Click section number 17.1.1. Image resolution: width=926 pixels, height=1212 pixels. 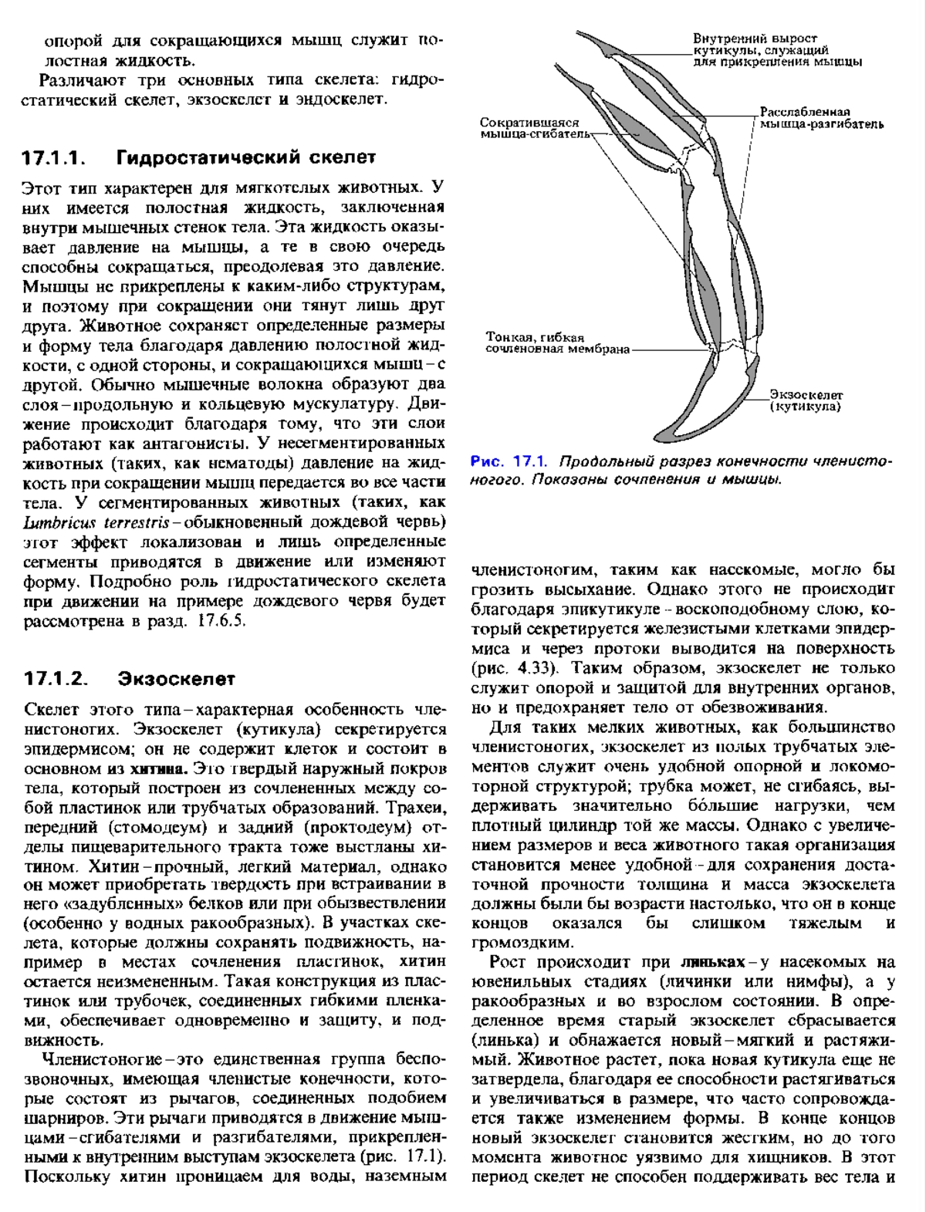pyautogui.click(x=53, y=158)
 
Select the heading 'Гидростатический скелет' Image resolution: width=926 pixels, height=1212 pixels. pyautogui.click(x=246, y=158)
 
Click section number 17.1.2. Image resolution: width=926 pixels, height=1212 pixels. pyautogui.click(x=53, y=680)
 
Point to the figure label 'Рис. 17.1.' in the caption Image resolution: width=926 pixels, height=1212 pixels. pyautogui.click(x=509, y=462)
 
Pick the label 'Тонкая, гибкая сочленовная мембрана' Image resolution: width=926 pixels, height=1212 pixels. pyautogui.click(x=557, y=343)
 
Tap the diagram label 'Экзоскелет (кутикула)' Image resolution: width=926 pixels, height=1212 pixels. pyautogui.click(x=806, y=400)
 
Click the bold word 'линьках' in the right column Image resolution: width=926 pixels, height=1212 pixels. pyautogui.click(x=713, y=962)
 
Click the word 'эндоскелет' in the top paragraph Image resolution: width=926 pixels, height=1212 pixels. pyautogui.click(x=336, y=100)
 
